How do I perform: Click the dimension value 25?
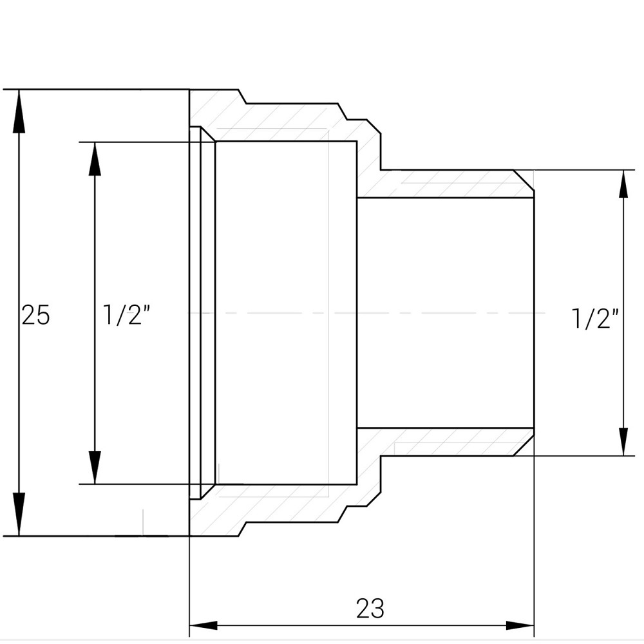[35, 315]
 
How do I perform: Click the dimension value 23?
[370, 608]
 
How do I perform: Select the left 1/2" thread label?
[127, 315]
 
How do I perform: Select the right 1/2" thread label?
[595, 318]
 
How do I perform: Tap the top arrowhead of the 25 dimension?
[19, 109]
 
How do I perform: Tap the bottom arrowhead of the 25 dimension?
[19, 515]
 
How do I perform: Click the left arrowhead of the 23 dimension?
[203, 625]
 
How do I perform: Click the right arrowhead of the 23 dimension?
[520, 625]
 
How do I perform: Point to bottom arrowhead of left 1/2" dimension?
[95, 466]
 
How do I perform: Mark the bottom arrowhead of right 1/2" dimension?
[623, 442]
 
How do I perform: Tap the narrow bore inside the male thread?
[444, 270]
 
